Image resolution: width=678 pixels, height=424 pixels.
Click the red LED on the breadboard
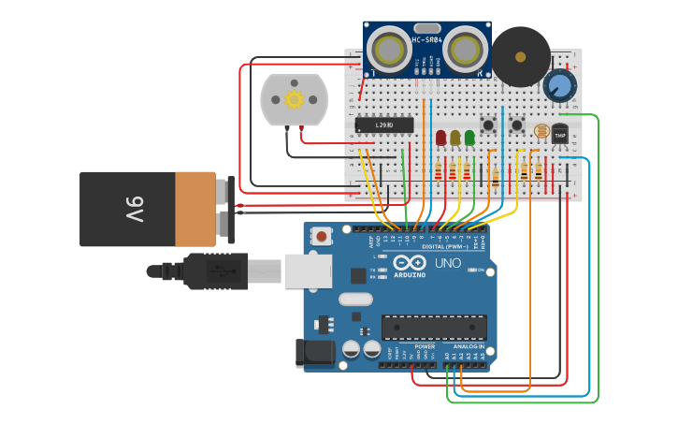(440, 138)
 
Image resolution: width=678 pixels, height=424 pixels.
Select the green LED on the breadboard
(469, 138)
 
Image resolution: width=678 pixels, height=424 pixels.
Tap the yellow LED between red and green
(455, 138)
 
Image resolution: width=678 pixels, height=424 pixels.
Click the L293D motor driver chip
(383, 124)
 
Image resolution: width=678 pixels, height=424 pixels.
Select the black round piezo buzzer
(521, 56)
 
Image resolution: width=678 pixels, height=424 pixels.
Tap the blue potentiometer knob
(559, 86)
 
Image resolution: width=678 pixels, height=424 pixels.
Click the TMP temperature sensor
(560, 135)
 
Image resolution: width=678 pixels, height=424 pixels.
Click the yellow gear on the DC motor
(294, 98)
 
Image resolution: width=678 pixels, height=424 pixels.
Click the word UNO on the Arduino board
(448, 263)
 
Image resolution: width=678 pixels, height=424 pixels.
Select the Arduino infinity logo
(410, 264)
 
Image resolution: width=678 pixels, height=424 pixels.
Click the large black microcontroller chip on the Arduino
(434, 327)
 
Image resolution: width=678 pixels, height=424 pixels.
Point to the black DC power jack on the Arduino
(315, 352)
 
